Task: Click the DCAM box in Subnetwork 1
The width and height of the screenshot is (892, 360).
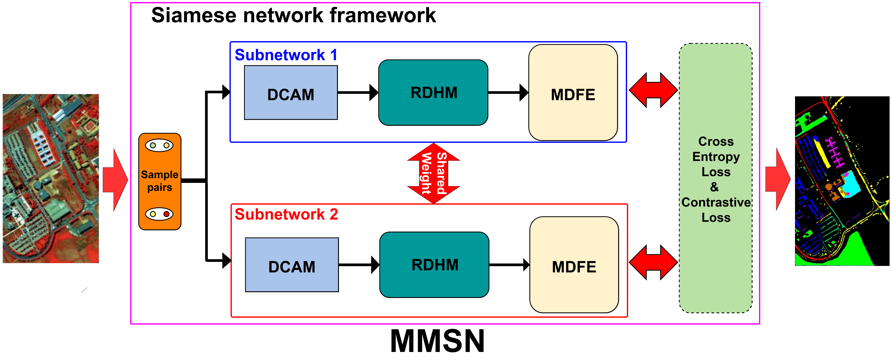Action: tap(291, 93)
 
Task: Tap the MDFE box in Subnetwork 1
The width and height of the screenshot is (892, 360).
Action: tap(573, 92)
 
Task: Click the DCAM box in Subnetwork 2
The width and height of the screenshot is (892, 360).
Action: tap(292, 265)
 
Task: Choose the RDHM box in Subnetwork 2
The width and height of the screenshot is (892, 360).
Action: tap(434, 265)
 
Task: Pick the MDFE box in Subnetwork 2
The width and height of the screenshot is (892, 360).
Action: tap(574, 265)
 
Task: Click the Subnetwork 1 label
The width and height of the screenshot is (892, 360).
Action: tap(286, 55)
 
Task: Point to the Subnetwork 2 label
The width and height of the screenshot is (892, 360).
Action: tap(286, 214)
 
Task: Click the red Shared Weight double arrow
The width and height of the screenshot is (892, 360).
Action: tap(434, 173)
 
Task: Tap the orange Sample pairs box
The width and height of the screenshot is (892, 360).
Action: tap(160, 181)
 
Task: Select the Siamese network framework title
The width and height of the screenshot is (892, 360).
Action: tap(294, 16)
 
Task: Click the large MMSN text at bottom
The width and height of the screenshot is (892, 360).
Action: tap(437, 341)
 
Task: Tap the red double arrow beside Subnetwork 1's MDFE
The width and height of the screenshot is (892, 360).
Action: tap(653, 90)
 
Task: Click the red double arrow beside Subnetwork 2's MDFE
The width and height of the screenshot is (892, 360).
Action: tap(653, 262)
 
